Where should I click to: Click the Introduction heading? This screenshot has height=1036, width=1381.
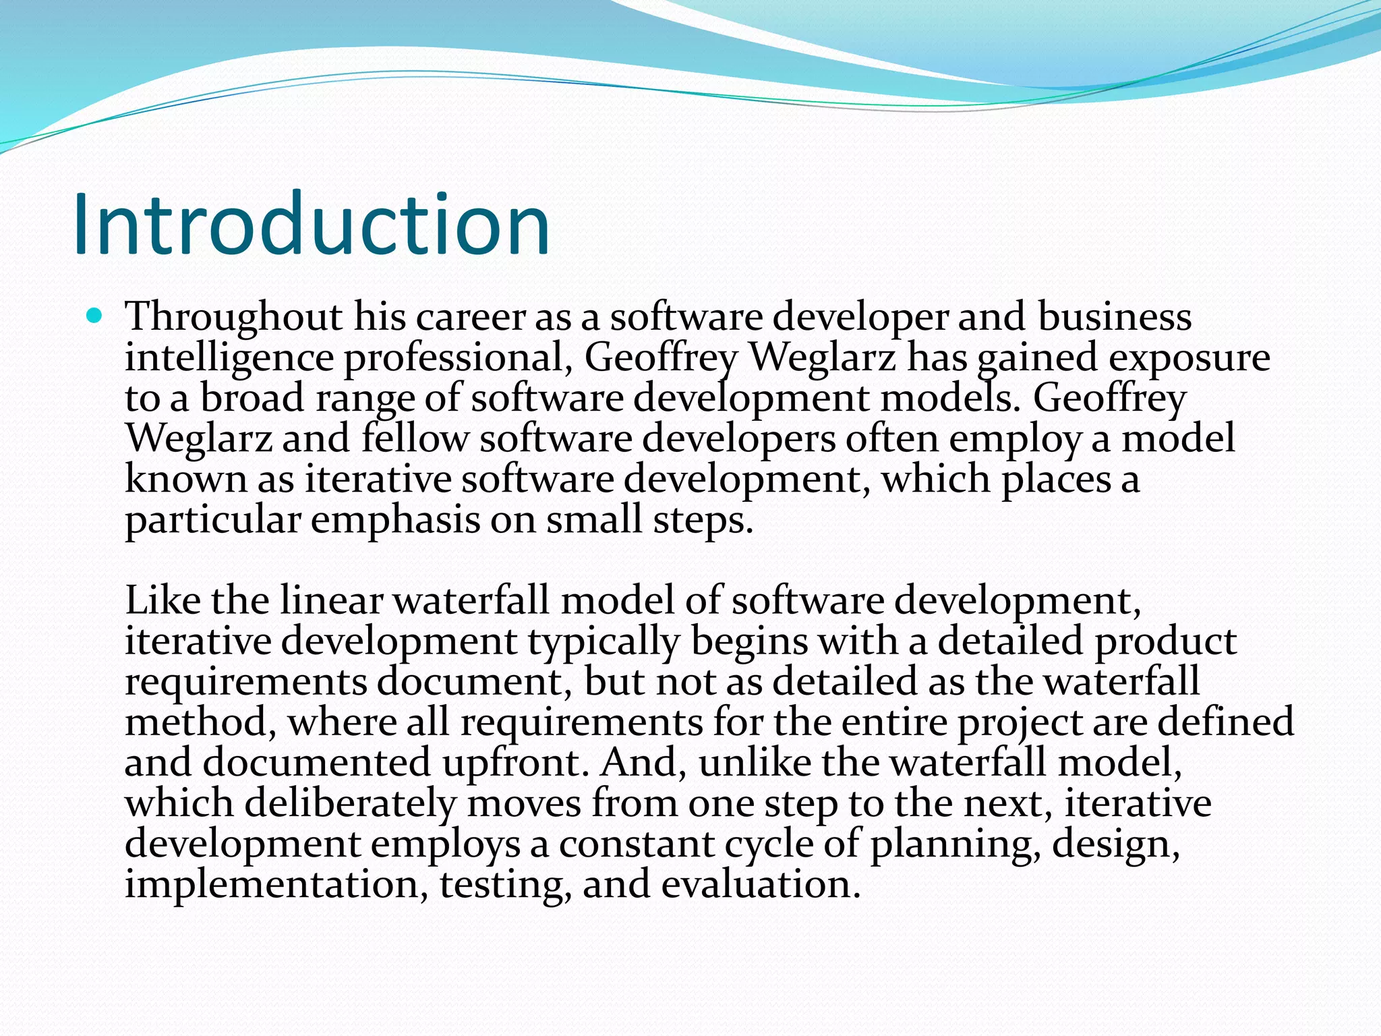tap(312, 225)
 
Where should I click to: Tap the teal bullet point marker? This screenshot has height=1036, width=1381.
tap(94, 315)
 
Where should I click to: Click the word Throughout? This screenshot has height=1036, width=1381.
tap(233, 317)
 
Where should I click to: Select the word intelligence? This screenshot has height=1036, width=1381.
tap(229, 358)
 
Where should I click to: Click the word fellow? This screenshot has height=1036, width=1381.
tap(414, 438)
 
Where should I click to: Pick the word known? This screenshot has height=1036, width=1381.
tap(186, 480)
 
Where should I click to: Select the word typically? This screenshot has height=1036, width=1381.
tap(604, 642)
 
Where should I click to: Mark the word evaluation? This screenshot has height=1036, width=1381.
tap(761, 885)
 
